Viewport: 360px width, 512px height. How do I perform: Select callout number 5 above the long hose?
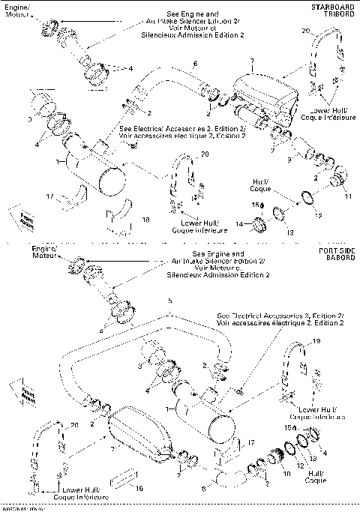[x=170, y=301]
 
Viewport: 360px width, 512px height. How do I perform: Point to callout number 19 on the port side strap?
[x=316, y=341]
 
